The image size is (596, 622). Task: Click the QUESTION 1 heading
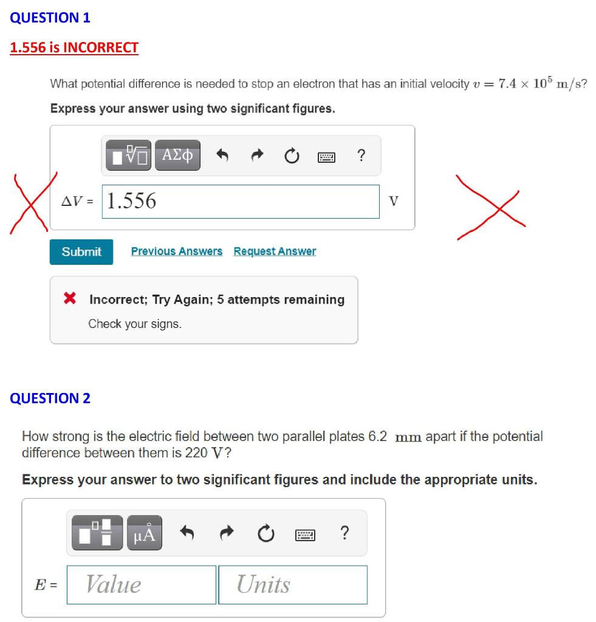tap(50, 18)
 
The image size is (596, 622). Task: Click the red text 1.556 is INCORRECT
tap(74, 47)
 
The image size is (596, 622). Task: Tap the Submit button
tap(81, 251)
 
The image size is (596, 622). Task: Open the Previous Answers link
tap(177, 251)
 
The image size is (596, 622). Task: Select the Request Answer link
tap(275, 251)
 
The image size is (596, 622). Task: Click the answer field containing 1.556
tap(241, 201)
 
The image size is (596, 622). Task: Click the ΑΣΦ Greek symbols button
tap(177, 156)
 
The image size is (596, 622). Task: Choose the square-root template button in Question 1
tap(129, 156)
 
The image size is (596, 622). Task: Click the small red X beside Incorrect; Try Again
tap(70, 299)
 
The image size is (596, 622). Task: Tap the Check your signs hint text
tap(135, 324)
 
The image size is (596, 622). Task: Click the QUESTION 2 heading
tap(50, 398)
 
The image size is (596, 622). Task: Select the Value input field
tap(141, 584)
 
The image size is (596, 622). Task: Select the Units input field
tap(292, 584)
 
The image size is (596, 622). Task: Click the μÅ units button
tap(145, 533)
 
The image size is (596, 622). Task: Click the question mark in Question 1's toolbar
tap(361, 156)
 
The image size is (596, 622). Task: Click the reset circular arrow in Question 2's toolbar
tap(264, 534)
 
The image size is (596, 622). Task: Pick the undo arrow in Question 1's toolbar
tap(222, 156)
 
